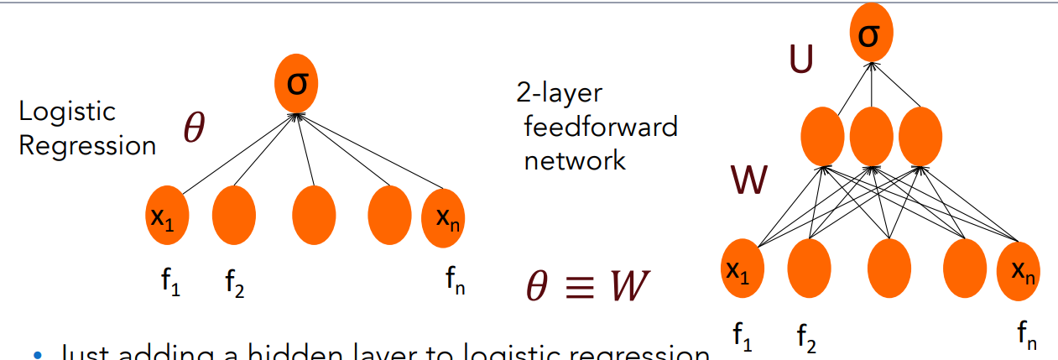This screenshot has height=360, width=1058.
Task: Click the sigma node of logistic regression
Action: point(296,85)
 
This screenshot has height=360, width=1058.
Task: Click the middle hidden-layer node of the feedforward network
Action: point(872,138)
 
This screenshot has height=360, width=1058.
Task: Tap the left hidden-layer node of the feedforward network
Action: point(823,138)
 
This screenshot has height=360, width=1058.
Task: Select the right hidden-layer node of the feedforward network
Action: point(920,138)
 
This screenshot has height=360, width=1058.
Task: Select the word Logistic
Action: point(67,112)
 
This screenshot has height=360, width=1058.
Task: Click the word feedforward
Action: point(600,127)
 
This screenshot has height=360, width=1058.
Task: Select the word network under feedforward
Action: point(575,159)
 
